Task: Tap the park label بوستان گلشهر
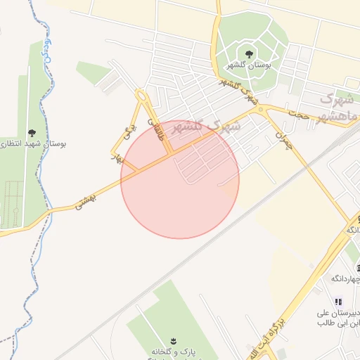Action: tap(248, 65)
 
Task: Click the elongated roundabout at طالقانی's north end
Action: tap(143, 96)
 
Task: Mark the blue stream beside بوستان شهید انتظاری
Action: tap(48, 70)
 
